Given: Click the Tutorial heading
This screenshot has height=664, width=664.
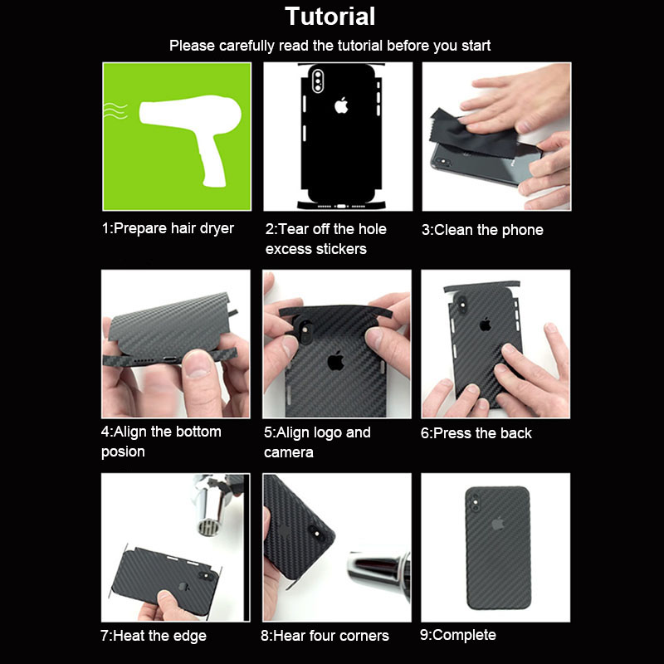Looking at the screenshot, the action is pyautogui.click(x=330, y=17).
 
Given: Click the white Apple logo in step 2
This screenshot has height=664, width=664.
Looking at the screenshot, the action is pyautogui.click(x=341, y=105).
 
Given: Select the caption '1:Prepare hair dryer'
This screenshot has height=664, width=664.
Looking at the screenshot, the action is pyautogui.click(x=168, y=229).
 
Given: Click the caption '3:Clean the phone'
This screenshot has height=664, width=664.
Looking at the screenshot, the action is pyautogui.click(x=482, y=230).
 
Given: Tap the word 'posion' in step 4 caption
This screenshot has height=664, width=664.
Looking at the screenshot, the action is pyautogui.click(x=123, y=452).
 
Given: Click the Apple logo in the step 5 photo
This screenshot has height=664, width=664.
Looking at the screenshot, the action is pyautogui.click(x=335, y=361).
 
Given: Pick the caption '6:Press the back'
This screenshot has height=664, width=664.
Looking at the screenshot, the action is pyautogui.click(x=476, y=433).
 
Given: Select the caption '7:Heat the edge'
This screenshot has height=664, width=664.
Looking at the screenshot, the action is pyautogui.click(x=154, y=636).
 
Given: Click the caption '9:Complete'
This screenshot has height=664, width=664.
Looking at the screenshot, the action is pyautogui.click(x=458, y=635).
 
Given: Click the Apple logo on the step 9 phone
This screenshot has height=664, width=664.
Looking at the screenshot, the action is pyautogui.click(x=497, y=524).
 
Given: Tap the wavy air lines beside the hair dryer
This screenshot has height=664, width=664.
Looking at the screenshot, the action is pyautogui.click(x=115, y=110).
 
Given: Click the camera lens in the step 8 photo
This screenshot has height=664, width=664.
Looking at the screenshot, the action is pyautogui.click(x=316, y=534).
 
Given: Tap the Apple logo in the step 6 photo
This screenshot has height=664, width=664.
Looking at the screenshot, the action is pyautogui.click(x=485, y=325).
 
